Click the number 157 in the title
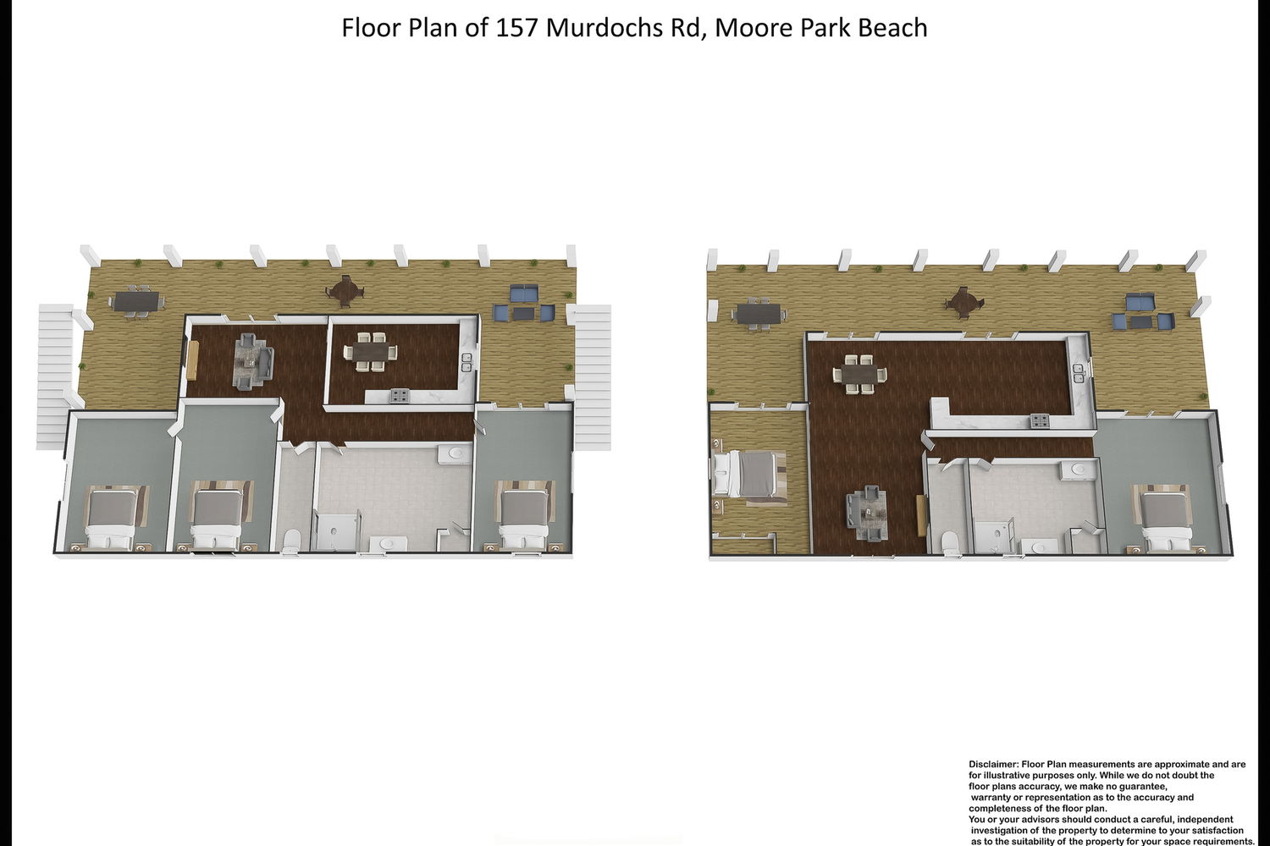tap(517, 28)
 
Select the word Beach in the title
tap(892, 28)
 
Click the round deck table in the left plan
tap(344, 291)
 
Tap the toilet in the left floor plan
tap(291, 540)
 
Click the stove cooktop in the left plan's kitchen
tap(399, 396)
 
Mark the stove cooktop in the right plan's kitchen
tap(1040, 421)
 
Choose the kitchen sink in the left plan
tap(467, 363)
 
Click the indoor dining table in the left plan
tap(370, 351)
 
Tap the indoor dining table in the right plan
tap(860, 373)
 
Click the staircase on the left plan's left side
tap(55, 376)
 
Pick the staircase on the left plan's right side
tap(592, 377)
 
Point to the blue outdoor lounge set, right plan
tap(1140, 313)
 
